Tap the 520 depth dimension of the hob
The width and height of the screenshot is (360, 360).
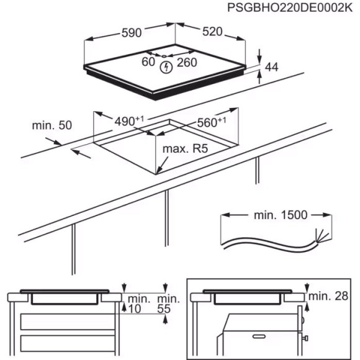tap(213, 31)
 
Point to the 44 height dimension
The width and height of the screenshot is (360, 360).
tap(271, 66)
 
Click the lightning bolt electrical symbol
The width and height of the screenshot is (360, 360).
tap(166, 67)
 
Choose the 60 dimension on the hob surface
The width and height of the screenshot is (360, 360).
tap(148, 61)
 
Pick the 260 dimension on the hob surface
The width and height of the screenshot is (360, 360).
tap(186, 62)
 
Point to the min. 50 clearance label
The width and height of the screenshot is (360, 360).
tap(52, 125)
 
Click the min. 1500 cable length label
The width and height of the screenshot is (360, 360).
tap(281, 215)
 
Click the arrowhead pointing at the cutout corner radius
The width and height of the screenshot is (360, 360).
tap(160, 169)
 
